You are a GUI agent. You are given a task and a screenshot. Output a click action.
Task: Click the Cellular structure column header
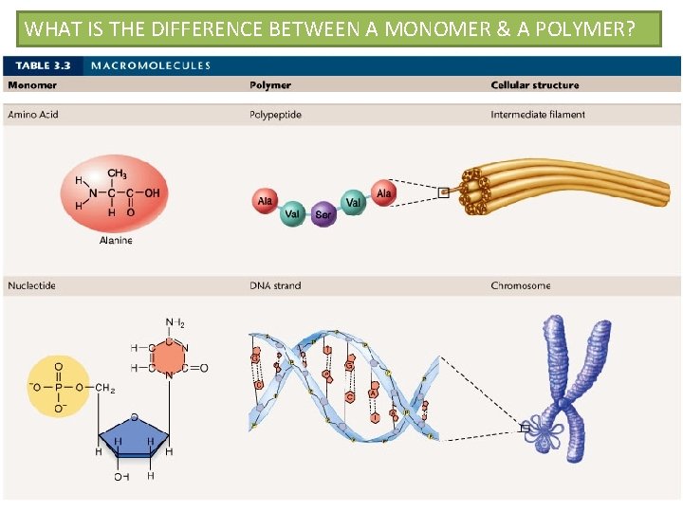coord(534,85)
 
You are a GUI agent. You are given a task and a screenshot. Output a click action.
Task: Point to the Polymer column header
coord(270,85)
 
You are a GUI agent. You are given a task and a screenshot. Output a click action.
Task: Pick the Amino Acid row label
coord(32,115)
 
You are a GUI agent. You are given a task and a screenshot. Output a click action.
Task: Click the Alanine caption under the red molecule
coord(116,241)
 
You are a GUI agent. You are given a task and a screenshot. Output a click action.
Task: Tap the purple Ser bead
coord(323,213)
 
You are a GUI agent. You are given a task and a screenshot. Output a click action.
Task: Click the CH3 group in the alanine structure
coord(118,174)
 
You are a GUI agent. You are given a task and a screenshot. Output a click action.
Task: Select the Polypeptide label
coord(275,115)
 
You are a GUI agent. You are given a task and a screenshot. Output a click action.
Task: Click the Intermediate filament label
coord(538,115)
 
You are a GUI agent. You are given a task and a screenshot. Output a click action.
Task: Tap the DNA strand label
coord(275,285)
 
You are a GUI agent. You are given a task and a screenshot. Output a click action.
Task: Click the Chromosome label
coord(520,285)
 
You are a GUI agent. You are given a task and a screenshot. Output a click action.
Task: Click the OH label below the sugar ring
coord(121,476)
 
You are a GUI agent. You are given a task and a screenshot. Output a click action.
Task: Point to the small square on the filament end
coord(443,192)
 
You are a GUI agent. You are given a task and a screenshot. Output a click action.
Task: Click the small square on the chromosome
coord(525,428)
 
